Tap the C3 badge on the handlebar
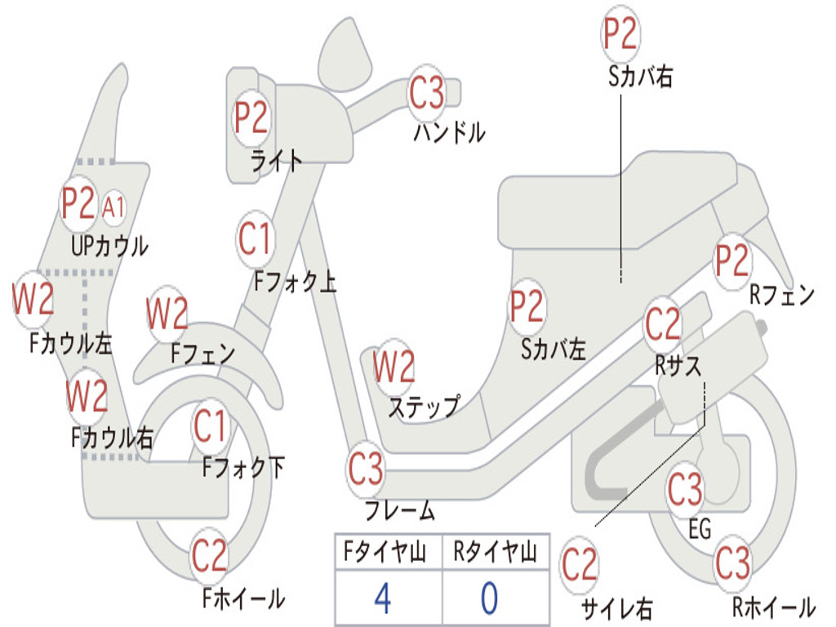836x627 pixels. (427, 91)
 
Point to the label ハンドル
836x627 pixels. (449, 131)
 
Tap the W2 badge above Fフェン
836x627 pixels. (167, 313)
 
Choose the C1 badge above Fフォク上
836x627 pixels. (256, 238)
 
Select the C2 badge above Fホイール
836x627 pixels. (210, 555)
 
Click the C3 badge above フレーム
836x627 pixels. (366, 469)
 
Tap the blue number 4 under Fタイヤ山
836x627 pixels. (382, 598)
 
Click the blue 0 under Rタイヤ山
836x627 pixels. (488, 598)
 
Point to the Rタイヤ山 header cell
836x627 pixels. (495, 554)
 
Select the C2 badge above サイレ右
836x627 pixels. (580, 565)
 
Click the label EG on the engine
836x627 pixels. (700, 530)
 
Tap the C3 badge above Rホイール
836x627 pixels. (732, 561)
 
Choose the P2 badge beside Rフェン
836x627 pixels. (731, 260)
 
